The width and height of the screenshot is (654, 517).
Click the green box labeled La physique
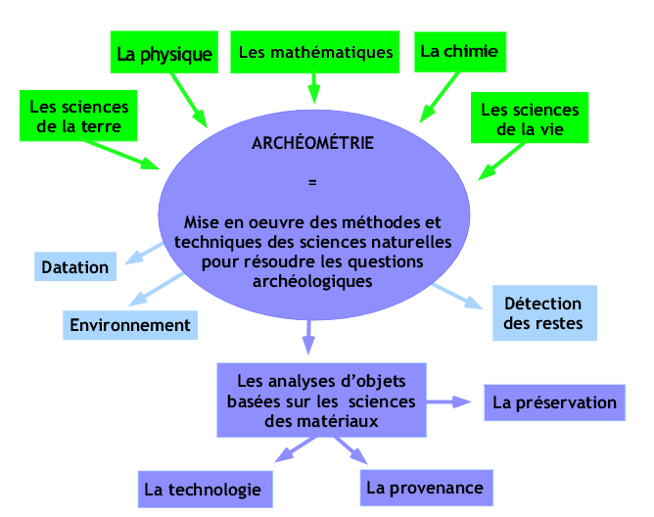coord(164,52)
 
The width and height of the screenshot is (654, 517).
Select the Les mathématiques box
coord(315,52)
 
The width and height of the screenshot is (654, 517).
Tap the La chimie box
coord(460,52)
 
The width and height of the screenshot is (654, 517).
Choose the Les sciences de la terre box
coord(78,116)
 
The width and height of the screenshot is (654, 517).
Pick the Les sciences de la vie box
coord(530,117)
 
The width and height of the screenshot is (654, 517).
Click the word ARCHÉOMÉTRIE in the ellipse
coord(313,143)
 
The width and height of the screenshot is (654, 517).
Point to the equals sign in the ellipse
coord(312,182)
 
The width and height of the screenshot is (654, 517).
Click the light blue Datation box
coord(75,266)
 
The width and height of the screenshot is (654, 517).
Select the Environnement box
coord(130,325)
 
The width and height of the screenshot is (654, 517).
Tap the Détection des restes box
coord(544,313)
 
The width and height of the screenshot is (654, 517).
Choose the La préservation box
coord(555,402)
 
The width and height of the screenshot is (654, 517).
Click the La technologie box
coord(206,490)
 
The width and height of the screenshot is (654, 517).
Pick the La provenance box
coord(427,488)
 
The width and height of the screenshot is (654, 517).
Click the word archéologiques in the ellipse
coord(312,281)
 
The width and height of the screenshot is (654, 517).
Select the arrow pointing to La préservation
coord(448,401)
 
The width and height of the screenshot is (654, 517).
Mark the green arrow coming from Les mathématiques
coord(314,88)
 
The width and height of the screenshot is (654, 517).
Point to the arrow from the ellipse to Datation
coord(144,253)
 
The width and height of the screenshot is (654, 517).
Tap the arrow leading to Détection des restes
coord(457,297)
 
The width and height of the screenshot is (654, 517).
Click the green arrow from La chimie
coord(440,98)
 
